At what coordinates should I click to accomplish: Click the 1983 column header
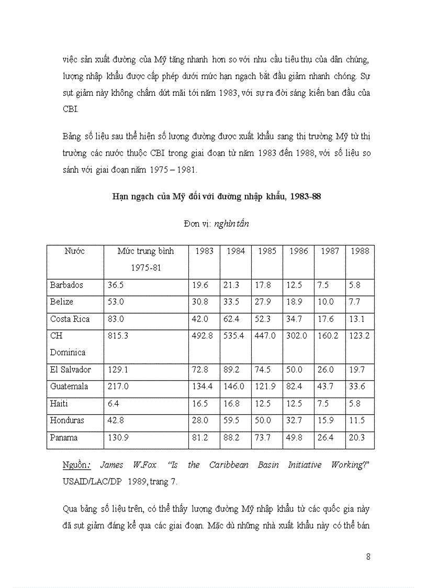pos(204,251)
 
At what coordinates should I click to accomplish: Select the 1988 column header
pos(360,251)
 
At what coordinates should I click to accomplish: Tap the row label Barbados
pos(66,285)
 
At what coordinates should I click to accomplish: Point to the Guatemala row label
pos(69,386)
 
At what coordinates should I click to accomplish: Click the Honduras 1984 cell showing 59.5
pos(235,420)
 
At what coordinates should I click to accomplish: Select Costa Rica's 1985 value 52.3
pos(266,319)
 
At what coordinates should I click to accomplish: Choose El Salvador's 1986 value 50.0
pos(296,370)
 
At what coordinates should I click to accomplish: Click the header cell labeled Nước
pos(74,251)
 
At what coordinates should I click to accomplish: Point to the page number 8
pos(368,557)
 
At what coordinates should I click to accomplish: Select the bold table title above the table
pos(217,197)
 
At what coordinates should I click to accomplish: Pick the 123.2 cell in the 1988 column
pos(359,336)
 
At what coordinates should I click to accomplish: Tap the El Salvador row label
pos(71,370)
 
